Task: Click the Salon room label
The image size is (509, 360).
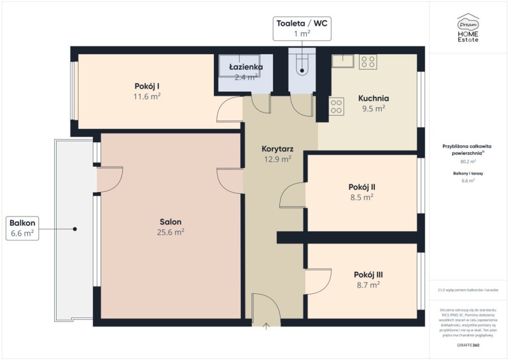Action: pyautogui.click(x=170, y=222)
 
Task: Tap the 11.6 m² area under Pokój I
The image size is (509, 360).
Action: pyautogui.click(x=146, y=97)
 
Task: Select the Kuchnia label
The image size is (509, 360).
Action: pyautogui.click(x=373, y=98)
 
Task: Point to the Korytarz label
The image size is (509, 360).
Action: pyautogui.click(x=277, y=149)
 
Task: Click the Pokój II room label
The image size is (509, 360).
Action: pyautogui.click(x=362, y=187)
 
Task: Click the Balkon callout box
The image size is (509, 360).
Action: pyautogui.click(x=22, y=228)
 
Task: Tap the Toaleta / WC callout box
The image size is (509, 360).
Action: pyautogui.click(x=302, y=28)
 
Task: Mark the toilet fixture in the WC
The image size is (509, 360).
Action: pyautogui.click(x=303, y=64)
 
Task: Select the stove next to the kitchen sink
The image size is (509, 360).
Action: pyautogui.click(x=368, y=62)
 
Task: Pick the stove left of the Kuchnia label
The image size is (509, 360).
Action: pyautogui.click(x=337, y=106)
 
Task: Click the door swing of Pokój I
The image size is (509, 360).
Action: pyautogui.click(x=230, y=110)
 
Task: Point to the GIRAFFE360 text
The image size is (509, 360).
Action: pyautogui.click(x=468, y=345)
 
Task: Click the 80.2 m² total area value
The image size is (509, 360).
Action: pyautogui.click(x=468, y=161)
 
